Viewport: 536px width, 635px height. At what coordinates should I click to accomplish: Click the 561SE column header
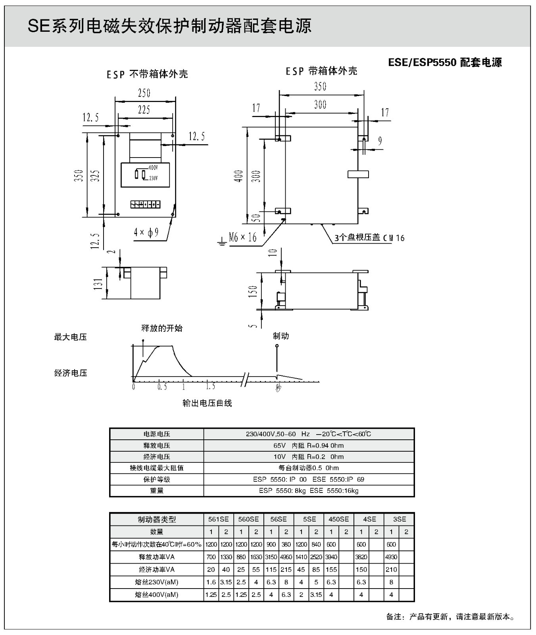click(x=219, y=519)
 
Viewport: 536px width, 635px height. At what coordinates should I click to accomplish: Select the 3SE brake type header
click(x=399, y=519)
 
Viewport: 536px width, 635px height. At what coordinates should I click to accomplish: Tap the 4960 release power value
click(x=286, y=557)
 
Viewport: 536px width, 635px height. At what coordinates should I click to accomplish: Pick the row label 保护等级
click(x=157, y=479)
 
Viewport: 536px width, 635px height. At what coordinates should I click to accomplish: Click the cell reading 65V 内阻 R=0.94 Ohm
click(x=309, y=445)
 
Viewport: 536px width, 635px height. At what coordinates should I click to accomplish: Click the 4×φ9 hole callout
click(x=146, y=232)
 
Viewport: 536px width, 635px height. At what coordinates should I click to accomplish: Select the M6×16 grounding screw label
click(x=243, y=237)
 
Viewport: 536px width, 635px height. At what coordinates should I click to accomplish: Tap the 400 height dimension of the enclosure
click(x=238, y=176)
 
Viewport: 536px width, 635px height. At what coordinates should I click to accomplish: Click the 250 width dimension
click(x=144, y=93)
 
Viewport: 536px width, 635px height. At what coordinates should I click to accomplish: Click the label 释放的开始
click(x=162, y=328)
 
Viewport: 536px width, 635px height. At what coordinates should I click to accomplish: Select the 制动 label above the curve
click(x=281, y=336)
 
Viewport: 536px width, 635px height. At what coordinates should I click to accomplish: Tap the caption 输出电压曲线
click(x=207, y=403)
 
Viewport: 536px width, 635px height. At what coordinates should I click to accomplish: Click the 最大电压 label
click(x=70, y=337)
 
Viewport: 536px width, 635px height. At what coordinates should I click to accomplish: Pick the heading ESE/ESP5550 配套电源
click(x=445, y=62)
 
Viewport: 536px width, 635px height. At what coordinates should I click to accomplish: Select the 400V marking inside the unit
click(x=153, y=168)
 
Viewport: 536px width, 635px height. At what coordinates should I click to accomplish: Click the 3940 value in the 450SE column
click(x=331, y=557)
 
